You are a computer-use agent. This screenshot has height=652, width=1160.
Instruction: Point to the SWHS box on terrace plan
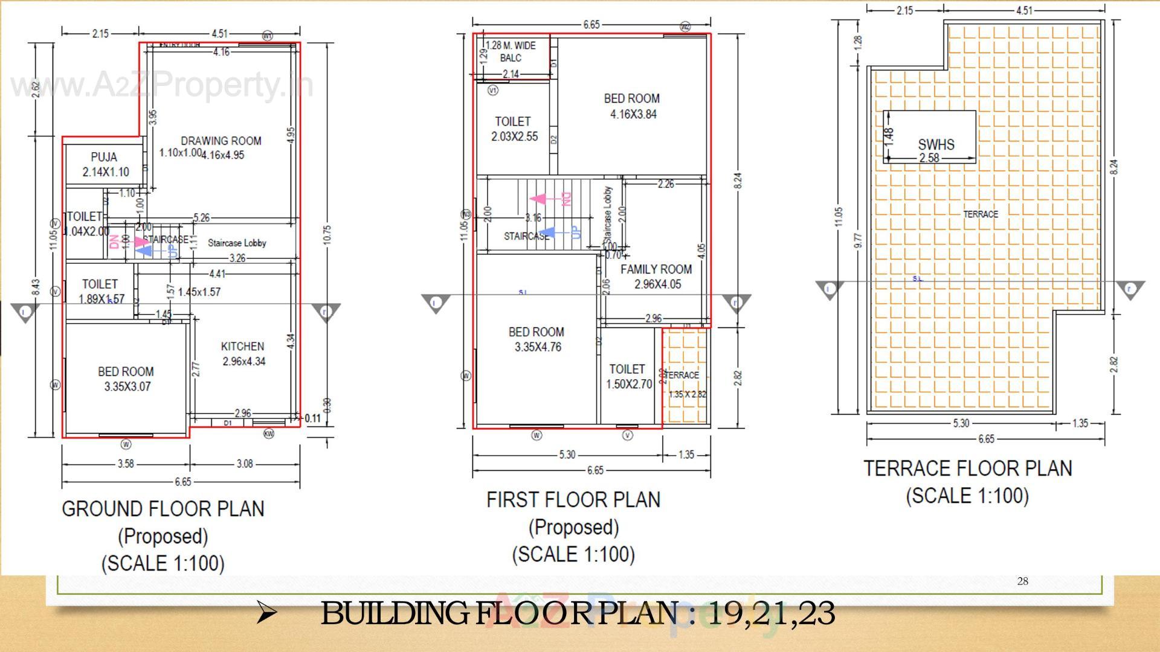pyautogui.click(x=930, y=138)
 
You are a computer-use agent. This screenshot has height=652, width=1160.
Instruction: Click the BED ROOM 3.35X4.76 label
pyautogui.click(x=536, y=339)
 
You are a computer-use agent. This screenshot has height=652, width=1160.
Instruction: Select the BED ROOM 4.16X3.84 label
pyautogui.click(x=632, y=106)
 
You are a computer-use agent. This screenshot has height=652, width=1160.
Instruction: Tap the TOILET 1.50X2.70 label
pyautogui.click(x=628, y=376)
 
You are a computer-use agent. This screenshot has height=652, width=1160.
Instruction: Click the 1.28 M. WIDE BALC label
pyautogui.click(x=511, y=51)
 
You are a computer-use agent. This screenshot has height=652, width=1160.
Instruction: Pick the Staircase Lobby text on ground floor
pyautogui.click(x=237, y=243)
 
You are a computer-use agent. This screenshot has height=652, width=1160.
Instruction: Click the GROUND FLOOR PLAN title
pyautogui.click(x=163, y=509)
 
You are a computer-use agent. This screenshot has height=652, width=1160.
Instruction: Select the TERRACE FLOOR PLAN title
pyautogui.click(x=967, y=468)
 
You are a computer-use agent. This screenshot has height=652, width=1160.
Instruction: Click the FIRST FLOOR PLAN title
pyautogui.click(x=573, y=500)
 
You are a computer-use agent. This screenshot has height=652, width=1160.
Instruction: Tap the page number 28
pyautogui.click(x=1022, y=581)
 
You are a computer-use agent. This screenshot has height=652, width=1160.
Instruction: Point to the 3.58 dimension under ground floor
pyautogui.click(x=126, y=464)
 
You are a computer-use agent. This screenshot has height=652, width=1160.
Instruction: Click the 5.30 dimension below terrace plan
pyautogui.click(x=961, y=423)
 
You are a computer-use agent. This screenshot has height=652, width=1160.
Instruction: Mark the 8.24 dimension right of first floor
pyautogui.click(x=738, y=180)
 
